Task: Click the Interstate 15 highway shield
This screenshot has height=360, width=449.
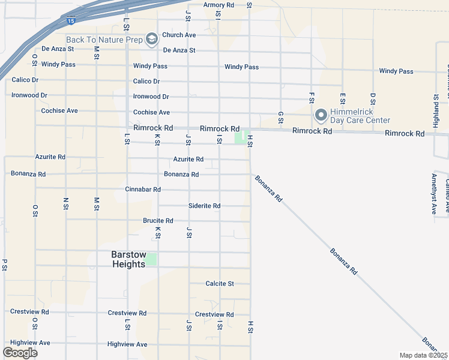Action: tap(71, 21)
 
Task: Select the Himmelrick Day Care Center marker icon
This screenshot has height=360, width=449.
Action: tap(321, 114)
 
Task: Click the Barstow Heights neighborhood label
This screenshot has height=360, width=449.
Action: tap(128, 259)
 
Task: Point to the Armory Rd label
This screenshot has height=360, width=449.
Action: tap(218, 5)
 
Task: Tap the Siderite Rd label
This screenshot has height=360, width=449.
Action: tap(204, 206)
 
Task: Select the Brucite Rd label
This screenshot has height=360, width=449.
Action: tap(158, 221)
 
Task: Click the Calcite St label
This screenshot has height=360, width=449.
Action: tap(219, 283)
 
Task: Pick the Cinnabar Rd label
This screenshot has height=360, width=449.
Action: tap(143, 190)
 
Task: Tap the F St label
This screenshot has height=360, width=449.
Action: tap(312, 98)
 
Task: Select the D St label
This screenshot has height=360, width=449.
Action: tap(373, 98)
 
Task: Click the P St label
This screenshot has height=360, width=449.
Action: tap(4, 265)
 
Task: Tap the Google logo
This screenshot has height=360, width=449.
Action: tap(20, 353)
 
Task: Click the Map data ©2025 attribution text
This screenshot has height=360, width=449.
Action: tap(423, 355)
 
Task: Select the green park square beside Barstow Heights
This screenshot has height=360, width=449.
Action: tap(152, 259)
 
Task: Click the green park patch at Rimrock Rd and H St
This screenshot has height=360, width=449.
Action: tap(240, 138)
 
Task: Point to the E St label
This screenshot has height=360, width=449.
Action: tap(342, 98)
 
